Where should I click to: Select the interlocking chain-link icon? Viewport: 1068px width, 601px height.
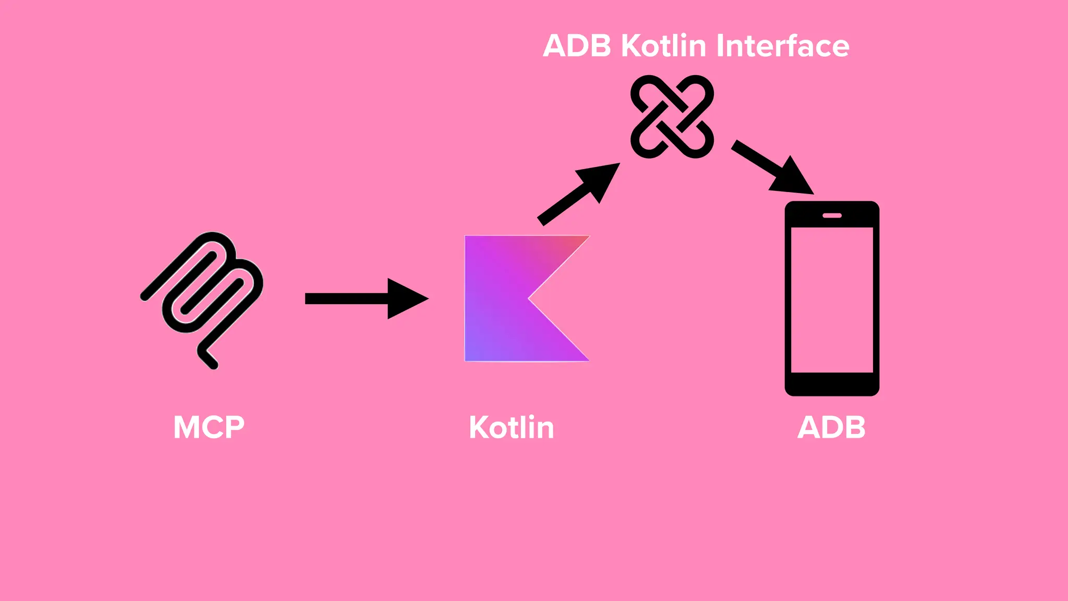click(672, 116)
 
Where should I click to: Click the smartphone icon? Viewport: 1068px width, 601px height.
click(832, 298)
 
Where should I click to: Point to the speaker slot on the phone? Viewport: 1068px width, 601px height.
click(832, 215)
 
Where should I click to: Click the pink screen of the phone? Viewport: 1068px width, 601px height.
click(832, 300)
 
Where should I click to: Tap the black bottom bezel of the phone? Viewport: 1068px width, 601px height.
click(832, 384)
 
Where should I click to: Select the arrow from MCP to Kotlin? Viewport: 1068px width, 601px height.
click(355, 298)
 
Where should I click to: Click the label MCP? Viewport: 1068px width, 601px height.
click(209, 428)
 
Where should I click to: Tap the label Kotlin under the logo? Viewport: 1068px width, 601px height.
click(511, 428)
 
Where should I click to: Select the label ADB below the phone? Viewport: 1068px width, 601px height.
click(831, 428)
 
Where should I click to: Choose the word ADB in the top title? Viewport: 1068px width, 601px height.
click(577, 46)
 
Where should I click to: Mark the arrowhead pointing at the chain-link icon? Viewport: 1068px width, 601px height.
click(600, 180)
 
